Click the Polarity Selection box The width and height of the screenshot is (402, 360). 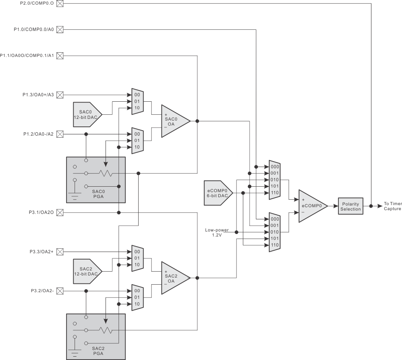350,206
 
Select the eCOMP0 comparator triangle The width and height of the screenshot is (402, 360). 312,206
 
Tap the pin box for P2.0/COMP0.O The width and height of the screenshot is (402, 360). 60,4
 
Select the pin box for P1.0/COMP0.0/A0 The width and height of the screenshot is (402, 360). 60,29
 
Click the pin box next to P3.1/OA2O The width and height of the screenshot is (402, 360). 60,213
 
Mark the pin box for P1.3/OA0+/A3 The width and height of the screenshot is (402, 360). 60,95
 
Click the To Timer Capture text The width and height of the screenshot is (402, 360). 392,206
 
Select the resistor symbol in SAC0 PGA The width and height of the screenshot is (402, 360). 106,173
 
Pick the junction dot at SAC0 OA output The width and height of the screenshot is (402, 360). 197,121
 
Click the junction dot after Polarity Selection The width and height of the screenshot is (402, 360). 371,206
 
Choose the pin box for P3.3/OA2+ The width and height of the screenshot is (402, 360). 60,252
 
